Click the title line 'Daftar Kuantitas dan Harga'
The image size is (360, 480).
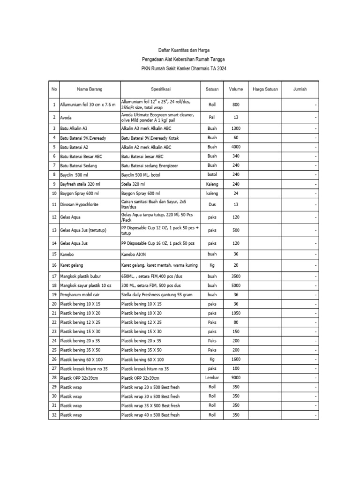[183, 50]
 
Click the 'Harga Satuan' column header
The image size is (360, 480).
[265, 89]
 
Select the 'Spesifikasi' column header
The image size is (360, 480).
[160, 89]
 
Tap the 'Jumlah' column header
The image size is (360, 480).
[300, 89]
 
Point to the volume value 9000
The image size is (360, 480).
[236, 378]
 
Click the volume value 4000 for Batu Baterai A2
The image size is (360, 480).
[236, 147]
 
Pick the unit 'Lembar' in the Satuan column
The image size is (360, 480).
[212, 378]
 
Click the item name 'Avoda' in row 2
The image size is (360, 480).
[66, 117]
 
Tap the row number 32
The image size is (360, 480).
[54, 415]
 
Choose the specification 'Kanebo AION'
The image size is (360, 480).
[135, 254]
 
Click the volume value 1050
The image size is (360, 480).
[236, 313]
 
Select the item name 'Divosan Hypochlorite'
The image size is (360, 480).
[79, 204]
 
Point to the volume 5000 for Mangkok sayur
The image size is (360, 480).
[236, 285]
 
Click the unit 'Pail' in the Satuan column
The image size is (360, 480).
[212, 117]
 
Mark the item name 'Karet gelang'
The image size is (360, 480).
[72, 265]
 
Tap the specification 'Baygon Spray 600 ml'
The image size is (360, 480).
[141, 193]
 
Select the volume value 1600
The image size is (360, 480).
[236, 359]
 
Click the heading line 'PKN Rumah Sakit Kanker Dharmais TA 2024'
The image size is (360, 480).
[183, 68]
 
